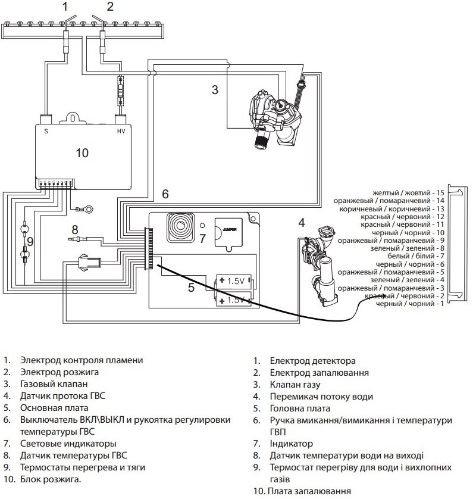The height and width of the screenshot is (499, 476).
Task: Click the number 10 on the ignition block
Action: pyautogui.click(x=82, y=153)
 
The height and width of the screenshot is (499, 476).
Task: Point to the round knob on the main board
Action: pyautogui.click(x=179, y=227)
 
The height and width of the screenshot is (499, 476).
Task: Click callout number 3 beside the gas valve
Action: pyautogui.click(x=215, y=91)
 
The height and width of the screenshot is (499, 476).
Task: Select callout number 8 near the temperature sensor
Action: pyautogui.click(x=74, y=229)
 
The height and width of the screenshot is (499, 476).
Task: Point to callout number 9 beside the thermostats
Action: pyautogui.click(x=30, y=241)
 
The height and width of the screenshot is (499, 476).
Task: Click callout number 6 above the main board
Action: pyautogui.click(x=165, y=194)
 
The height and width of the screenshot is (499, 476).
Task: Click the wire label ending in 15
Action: pyautogui.click(x=408, y=194)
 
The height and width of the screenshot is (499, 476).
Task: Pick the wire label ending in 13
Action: pyautogui.click(x=392, y=209)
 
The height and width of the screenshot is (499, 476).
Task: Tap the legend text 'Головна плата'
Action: pyautogui.click(x=300, y=408)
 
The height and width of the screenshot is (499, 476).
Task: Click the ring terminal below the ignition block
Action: pyautogui.click(x=90, y=209)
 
